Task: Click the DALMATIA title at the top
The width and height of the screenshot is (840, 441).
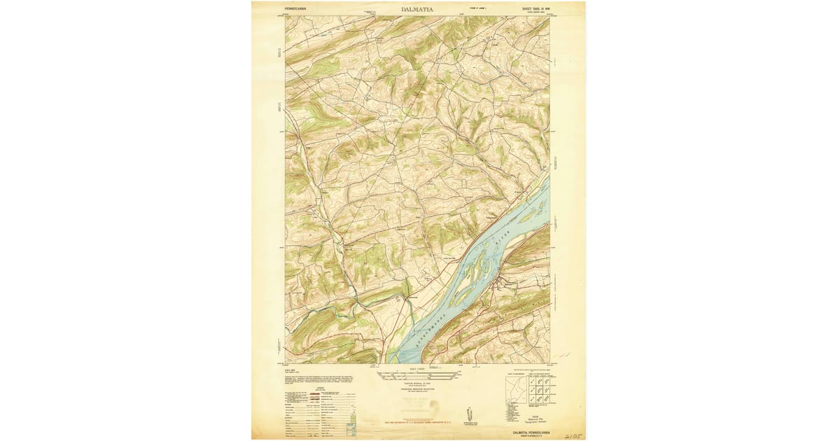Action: click(x=417, y=9)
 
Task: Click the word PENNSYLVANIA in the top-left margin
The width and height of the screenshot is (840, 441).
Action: click(x=295, y=8)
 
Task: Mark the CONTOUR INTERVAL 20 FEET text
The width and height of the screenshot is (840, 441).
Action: click(x=417, y=383)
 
